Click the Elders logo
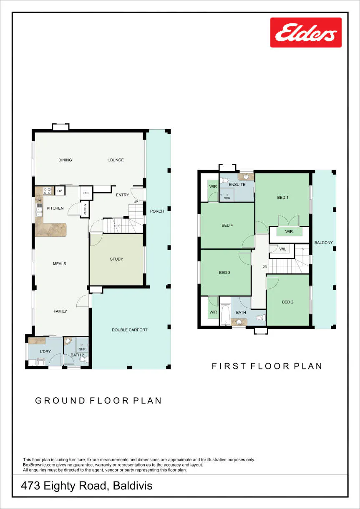coord(306,33)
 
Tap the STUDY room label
coord(116,259)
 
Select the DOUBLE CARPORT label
coord(130,330)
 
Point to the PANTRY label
coord(85,209)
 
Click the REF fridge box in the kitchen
coord(86,193)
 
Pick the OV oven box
coord(60,191)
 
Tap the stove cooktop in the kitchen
coord(47,191)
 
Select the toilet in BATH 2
coord(83,359)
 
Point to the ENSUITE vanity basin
coord(246,177)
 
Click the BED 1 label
coord(283,198)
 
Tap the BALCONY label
coord(323,243)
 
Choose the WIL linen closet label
coord(283,249)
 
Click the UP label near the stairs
coord(136,202)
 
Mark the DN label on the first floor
coord(265,266)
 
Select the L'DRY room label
coord(45,351)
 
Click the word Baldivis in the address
coord(133,486)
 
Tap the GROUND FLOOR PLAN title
coord(98,401)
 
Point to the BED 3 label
coord(225,273)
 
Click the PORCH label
coord(157,211)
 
